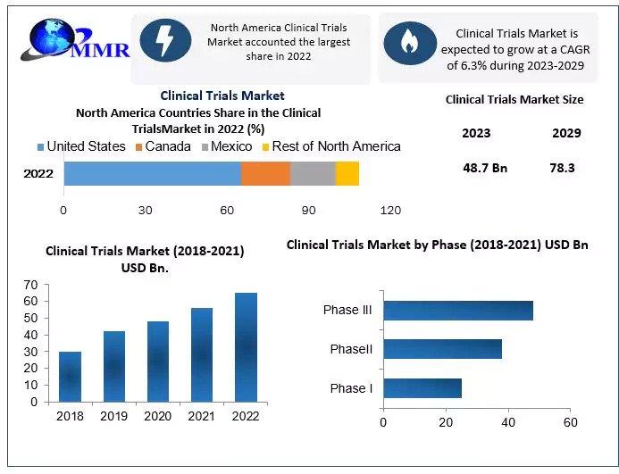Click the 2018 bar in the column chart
point(71,376)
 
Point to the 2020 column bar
point(158,361)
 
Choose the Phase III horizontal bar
point(457,311)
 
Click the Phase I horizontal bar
point(422,388)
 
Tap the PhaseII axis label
point(351,349)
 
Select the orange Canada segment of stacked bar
point(265,173)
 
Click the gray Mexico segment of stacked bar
point(313,173)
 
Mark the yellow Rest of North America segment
point(347,173)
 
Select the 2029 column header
point(566,133)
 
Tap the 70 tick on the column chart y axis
point(30,285)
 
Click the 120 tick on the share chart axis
point(390,211)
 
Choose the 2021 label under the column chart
point(201,415)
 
